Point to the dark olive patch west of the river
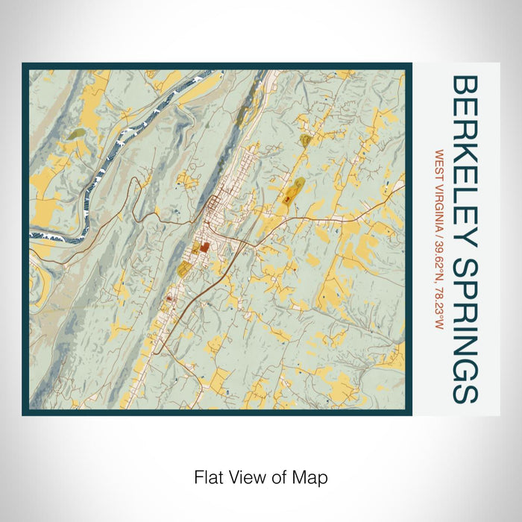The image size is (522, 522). [x=78, y=135]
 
